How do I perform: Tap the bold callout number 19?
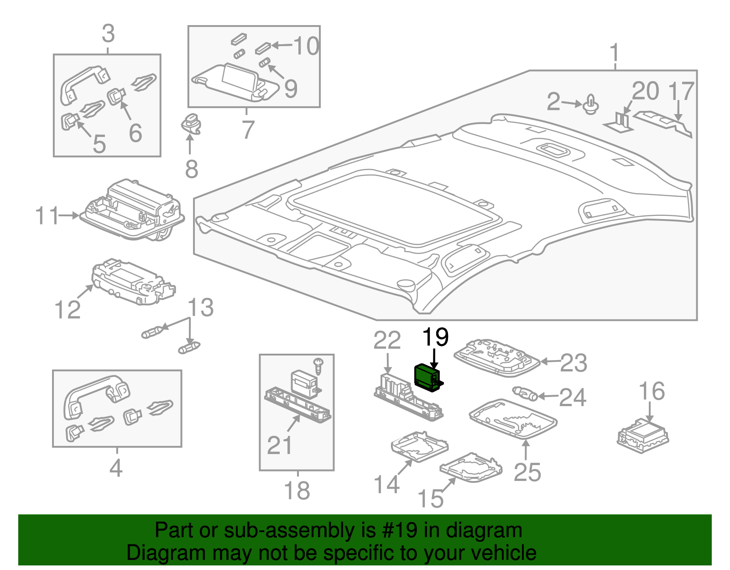(435, 338)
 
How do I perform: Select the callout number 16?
(652, 392)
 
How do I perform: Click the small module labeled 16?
(642, 435)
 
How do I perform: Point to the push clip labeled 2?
(591, 105)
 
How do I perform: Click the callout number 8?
(192, 169)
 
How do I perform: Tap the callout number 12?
(67, 310)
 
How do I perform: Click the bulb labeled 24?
(525, 393)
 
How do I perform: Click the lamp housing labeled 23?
(496, 358)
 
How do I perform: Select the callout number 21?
(279, 445)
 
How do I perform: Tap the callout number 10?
(306, 46)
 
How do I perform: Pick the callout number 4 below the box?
(116, 468)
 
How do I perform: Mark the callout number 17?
(681, 92)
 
